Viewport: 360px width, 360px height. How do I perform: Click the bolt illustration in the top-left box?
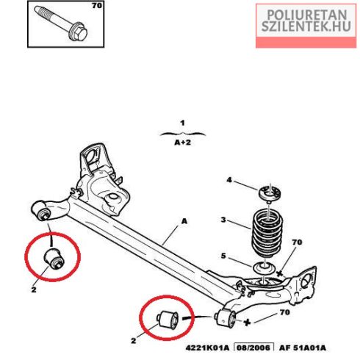(x=61, y=24)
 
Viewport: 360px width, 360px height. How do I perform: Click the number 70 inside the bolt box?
(x=97, y=6)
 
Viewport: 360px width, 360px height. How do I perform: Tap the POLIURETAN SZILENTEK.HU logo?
(x=306, y=26)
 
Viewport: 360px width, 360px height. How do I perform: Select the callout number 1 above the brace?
(x=182, y=123)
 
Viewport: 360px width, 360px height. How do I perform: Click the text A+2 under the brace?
(x=182, y=143)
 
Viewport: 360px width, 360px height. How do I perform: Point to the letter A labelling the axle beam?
(x=184, y=221)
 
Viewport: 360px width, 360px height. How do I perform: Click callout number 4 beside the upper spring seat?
(x=229, y=180)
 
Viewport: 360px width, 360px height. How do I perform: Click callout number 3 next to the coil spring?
(x=223, y=220)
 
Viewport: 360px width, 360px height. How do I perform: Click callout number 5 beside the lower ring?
(x=223, y=256)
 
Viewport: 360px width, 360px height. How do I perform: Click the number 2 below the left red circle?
(x=34, y=289)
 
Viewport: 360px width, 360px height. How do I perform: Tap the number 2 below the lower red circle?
(x=134, y=340)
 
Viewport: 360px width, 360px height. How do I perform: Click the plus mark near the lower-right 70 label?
(x=247, y=323)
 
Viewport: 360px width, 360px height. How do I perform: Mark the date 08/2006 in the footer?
(x=254, y=348)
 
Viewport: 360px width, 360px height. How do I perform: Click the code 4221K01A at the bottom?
(x=207, y=348)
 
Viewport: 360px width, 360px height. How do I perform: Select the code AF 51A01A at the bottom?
(x=303, y=348)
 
